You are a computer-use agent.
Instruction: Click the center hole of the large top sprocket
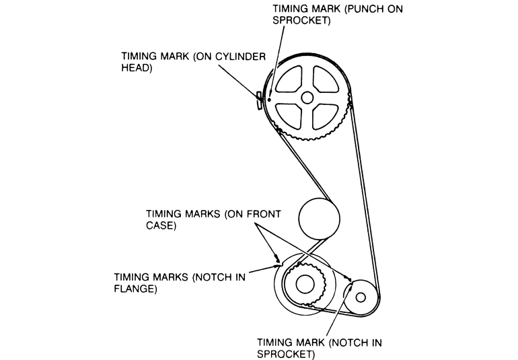tap(307, 97)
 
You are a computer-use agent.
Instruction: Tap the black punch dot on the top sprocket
tap(268, 100)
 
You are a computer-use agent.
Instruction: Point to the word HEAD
tap(135, 69)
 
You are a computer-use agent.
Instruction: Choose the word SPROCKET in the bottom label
tap(286, 354)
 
